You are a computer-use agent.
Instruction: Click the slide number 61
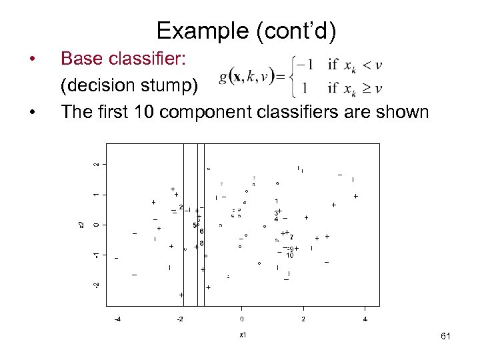click(445, 337)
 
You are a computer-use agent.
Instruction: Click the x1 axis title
click(242, 334)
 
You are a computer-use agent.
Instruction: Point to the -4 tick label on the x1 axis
click(117, 319)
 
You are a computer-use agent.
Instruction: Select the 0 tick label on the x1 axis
click(242, 319)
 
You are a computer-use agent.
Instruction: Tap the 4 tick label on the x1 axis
click(365, 319)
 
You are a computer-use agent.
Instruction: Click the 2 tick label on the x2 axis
click(96, 164)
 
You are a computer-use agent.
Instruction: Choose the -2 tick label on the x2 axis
click(96, 285)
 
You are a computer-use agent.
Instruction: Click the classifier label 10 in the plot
click(290, 255)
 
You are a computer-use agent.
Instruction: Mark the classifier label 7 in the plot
click(291, 237)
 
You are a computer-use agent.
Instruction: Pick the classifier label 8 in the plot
click(201, 243)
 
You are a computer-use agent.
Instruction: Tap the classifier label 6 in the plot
click(201, 231)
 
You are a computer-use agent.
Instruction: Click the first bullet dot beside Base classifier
click(33, 60)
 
